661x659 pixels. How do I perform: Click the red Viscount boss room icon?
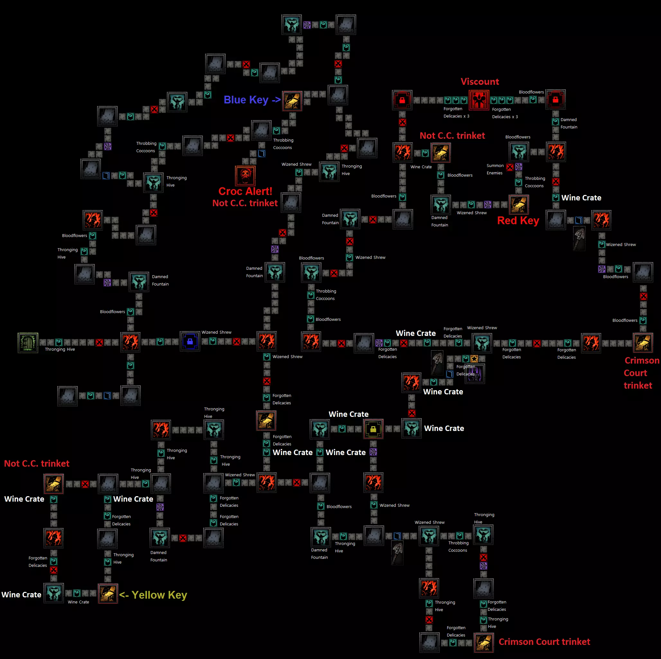point(479,100)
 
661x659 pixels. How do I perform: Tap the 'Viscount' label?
point(480,82)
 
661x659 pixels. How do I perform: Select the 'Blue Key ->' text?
point(252,100)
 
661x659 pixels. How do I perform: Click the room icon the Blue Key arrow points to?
point(292,101)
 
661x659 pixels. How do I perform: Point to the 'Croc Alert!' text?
point(245,191)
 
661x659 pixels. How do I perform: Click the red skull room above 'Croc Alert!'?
point(245,176)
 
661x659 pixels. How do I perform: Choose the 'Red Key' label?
point(518,220)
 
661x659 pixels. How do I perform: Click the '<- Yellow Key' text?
point(153,595)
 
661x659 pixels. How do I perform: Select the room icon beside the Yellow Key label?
point(108,593)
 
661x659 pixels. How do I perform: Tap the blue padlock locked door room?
point(190,341)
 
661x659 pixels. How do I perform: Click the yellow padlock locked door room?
point(373,429)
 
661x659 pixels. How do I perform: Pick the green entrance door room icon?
point(28,342)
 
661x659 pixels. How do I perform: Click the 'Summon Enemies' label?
point(495,169)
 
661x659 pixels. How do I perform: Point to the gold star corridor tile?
point(474,358)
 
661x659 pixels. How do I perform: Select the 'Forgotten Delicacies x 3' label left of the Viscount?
point(456,112)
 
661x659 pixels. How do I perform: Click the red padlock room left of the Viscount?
point(402,100)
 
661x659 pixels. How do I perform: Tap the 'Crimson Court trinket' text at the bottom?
point(544,642)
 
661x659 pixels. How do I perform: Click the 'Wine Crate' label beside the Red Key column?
point(581,198)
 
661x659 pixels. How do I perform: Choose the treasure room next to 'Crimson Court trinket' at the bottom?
point(484,643)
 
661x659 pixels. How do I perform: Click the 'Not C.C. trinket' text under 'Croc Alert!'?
point(245,203)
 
